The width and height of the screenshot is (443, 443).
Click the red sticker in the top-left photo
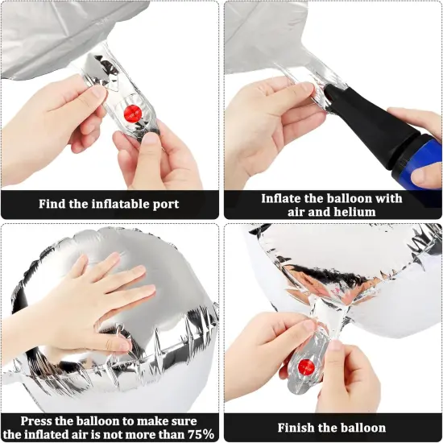coord(132,114)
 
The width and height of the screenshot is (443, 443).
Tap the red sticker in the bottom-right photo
coord(306,367)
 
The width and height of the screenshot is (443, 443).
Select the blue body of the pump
coord(418,158)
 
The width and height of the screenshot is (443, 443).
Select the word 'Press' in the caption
coord(36,421)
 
